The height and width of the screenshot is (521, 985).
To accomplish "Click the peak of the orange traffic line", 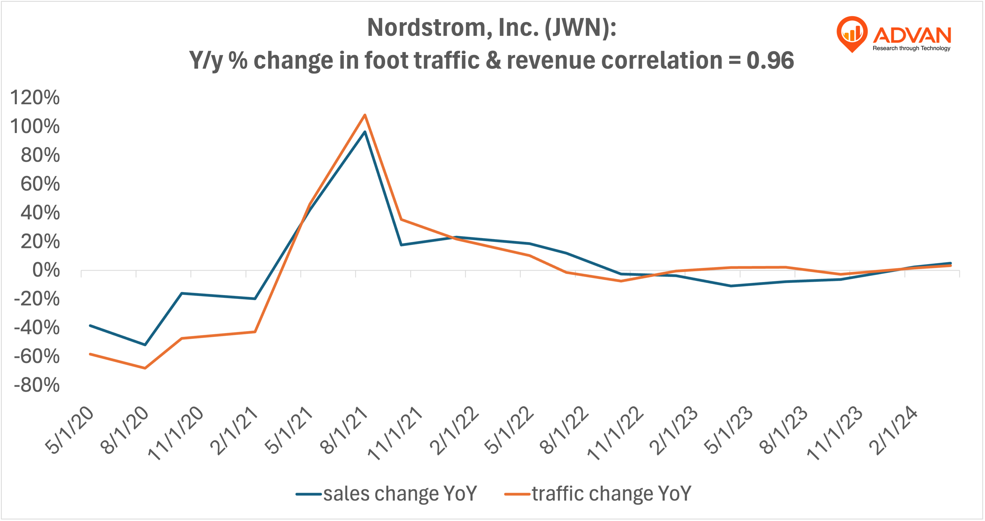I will click(x=365, y=115).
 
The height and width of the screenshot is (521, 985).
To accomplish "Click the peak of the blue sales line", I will click(x=365, y=132).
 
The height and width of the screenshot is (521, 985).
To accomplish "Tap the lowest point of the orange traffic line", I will click(x=145, y=368).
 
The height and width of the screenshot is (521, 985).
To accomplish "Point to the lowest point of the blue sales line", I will click(x=145, y=345).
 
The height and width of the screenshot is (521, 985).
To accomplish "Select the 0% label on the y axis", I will click(x=46, y=270).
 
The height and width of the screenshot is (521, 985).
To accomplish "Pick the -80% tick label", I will click(x=37, y=385).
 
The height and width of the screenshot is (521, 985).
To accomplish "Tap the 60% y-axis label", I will click(x=40, y=184).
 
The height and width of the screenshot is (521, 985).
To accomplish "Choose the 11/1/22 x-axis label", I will click(x=616, y=433).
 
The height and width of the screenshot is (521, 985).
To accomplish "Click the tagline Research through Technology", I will click(x=911, y=48).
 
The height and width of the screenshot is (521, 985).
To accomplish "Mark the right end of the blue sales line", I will click(x=950, y=263).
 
